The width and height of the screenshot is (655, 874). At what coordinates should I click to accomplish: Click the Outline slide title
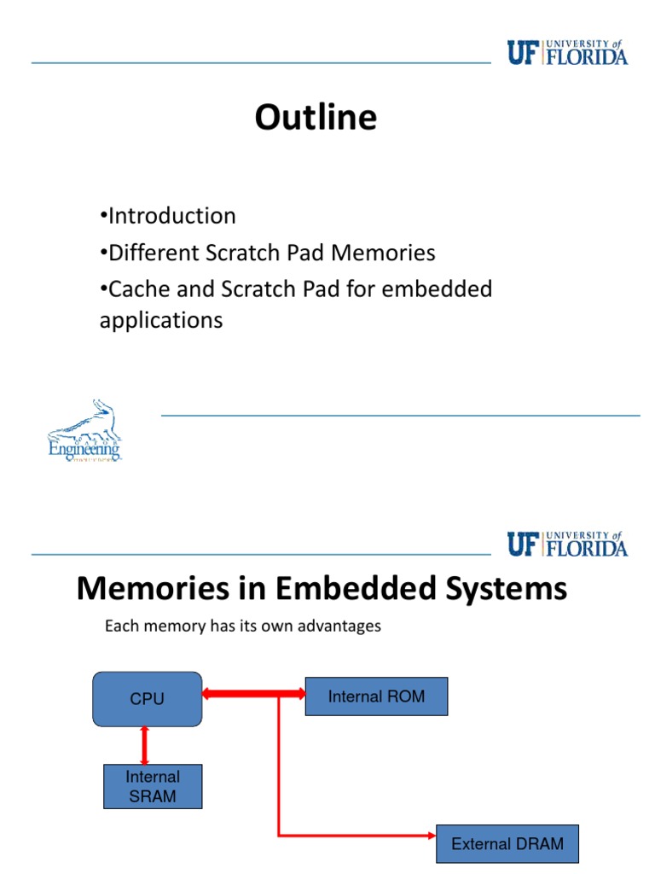pyautogui.click(x=316, y=118)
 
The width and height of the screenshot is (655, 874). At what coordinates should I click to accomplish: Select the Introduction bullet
pyautogui.click(x=168, y=216)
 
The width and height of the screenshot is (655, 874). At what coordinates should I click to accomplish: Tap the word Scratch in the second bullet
pyautogui.click(x=287, y=253)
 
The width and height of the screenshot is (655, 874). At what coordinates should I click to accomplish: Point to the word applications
pyautogui.click(x=161, y=320)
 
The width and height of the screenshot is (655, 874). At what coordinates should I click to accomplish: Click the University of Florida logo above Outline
pyautogui.click(x=567, y=53)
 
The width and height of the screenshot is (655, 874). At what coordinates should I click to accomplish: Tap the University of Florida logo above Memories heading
pyautogui.click(x=567, y=544)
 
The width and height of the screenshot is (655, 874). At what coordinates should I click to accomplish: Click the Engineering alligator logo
pyautogui.click(x=84, y=431)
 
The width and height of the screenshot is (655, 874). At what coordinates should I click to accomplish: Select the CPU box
pyautogui.click(x=147, y=698)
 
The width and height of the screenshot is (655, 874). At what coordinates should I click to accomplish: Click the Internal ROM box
pyautogui.click(x=376, y=696)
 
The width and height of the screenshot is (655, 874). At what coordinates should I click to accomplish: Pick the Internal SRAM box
pyautogui.click(x=153, y=786)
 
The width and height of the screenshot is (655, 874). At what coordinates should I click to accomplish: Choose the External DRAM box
pyautogui.click(x=507, y=844)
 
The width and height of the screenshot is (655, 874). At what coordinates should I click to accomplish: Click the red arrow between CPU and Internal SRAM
pyautogui.click(x=145, y=745)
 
